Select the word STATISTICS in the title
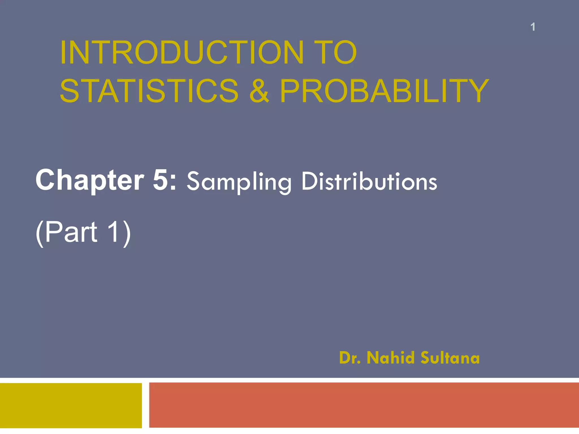(149, 91)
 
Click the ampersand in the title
(259, 91)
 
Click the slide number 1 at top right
(533, 27)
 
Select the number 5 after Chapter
(161, 180)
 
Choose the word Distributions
(369, 181)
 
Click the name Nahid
(390, 358)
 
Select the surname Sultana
(450, 358)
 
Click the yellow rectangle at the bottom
(71, 405)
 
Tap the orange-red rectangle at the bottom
(364, 405)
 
